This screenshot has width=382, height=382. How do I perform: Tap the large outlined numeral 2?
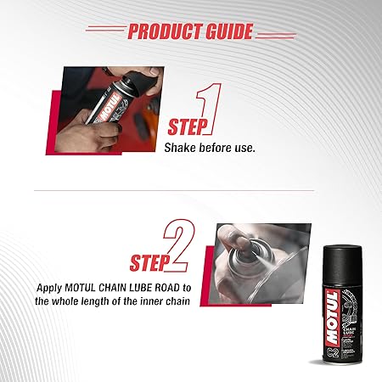coord(180,245)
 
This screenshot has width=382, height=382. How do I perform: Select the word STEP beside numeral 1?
coord(187,127)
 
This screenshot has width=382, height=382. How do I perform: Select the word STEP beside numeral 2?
coord(149,263)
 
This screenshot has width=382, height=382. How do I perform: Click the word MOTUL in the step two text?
coord(80,288)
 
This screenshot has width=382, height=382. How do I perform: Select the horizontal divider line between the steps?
coord(174,190)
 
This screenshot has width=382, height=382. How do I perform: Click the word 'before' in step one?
coord(215,148)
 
